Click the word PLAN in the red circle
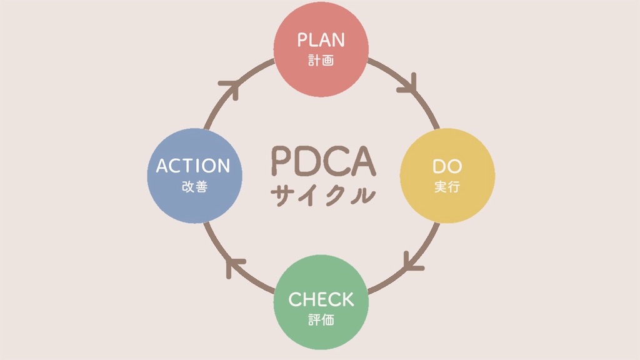tap(321, 40)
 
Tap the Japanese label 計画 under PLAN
tap(321, 61)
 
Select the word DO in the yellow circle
tap(447, 166)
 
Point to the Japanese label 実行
tap(447, 187)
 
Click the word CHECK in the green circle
tap(321, 299)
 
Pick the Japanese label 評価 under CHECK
tap(321, 321)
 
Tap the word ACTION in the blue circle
tap(193, 166)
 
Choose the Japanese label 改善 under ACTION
tap(194, 187)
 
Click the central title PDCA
tap(323, 161)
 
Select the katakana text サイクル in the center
tap(323, 194)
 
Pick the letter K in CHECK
tap(346, 299)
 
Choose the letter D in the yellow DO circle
tap(439, 166)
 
